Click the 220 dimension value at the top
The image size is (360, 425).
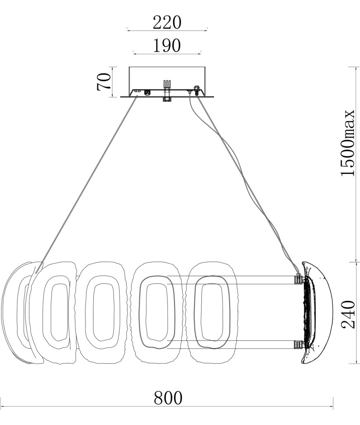[167, 22]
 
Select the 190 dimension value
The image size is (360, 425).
[167, 46]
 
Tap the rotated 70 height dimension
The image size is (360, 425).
[103, 81]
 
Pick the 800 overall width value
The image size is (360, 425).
[168, 398]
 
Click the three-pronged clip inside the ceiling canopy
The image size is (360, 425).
[167, 84]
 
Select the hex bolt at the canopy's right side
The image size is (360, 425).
[196, 90]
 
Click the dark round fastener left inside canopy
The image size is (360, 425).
[147, 92]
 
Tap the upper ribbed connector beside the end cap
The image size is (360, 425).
[299, 279]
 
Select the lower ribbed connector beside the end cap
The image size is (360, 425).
[299, 344]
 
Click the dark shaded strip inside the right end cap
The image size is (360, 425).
[305, 312]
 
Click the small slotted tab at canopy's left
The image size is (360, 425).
[137, 92]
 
